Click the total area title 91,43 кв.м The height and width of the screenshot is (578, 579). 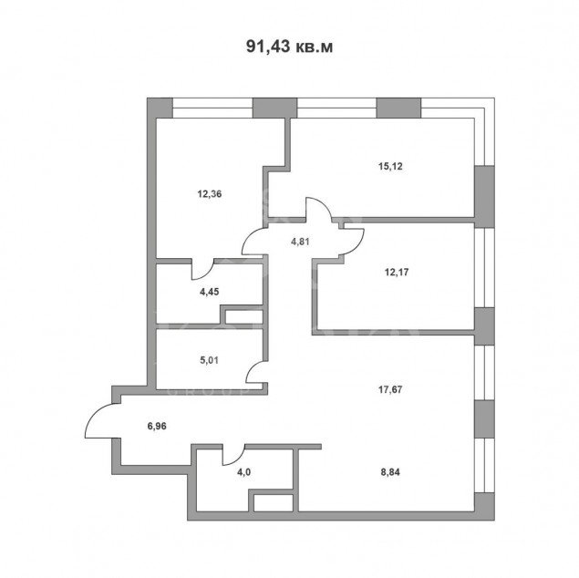(289, 46)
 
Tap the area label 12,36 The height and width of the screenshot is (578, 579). (210, 194)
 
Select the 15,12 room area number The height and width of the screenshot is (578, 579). (390, 167)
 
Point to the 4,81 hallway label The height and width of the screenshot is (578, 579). (300, 243)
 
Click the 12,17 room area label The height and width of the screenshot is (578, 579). (397, 273)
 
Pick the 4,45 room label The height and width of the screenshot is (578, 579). (210, 292)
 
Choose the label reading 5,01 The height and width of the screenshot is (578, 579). (209, 360)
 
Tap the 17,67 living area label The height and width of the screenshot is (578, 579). (390, 389)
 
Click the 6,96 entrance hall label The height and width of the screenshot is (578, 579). (157, 427)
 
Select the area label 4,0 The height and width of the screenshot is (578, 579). (244, 472)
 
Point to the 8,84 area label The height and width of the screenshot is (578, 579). (390, 472)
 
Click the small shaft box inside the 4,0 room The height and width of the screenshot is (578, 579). (274, 503)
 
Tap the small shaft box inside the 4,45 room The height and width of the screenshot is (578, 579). (244, 316)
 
